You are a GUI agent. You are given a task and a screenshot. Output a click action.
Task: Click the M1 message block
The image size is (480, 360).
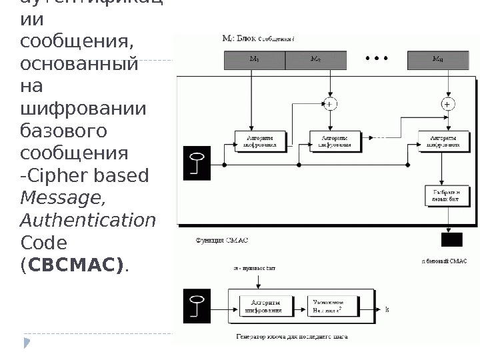[254, 60]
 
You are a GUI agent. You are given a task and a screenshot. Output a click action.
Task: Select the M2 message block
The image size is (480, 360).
[315, 60]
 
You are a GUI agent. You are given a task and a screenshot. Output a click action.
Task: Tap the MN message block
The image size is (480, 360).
[437, 60]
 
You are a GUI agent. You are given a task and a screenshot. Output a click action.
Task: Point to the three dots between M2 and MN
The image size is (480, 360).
[377, 59]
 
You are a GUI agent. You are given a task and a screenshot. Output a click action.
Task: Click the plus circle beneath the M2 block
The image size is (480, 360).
[329, 103]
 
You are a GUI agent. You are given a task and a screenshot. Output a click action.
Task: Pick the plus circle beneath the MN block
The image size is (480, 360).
[447, 103]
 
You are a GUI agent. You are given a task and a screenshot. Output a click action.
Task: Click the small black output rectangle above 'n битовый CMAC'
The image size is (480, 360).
[452, 240]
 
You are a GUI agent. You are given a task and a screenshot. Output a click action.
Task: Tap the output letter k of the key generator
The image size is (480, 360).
[387, 310]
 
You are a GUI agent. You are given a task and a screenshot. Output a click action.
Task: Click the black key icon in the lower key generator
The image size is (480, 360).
[197, 306]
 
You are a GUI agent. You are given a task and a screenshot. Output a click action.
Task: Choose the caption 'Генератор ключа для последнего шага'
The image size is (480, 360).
[291, 337]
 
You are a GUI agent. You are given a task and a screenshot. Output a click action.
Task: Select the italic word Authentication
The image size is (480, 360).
[88, 220]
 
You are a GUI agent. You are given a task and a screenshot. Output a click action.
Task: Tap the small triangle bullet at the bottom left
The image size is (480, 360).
[27, 343]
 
